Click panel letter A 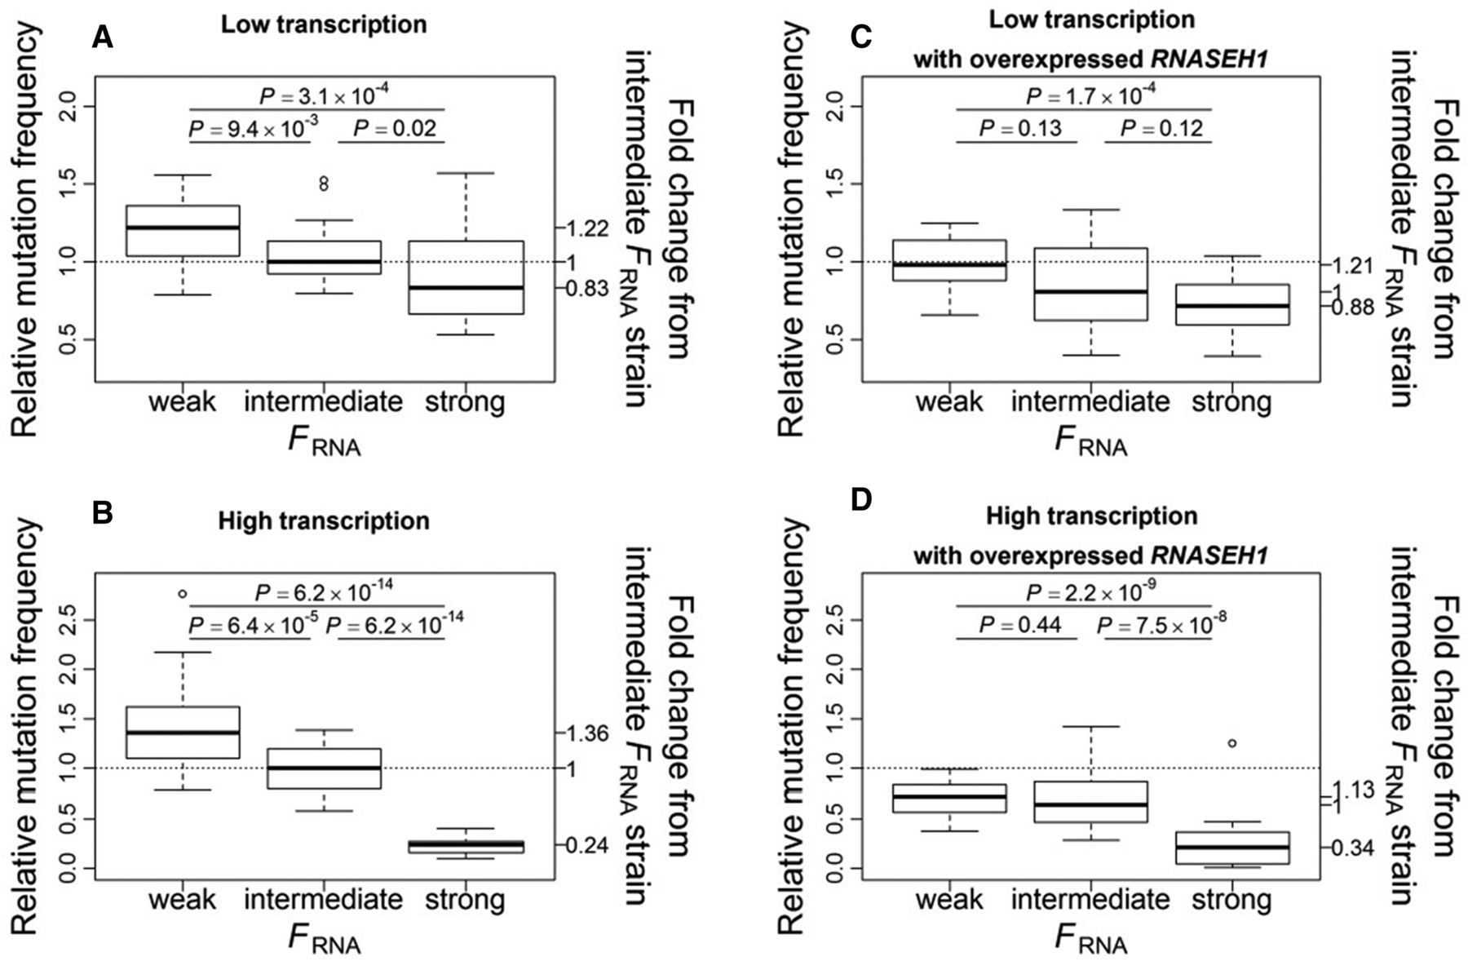[103, 38]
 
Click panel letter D [862, 500]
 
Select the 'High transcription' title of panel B [324, 520]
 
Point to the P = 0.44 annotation [1019, 625]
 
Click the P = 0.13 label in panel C [1020, 128]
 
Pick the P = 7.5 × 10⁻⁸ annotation [1161, 625]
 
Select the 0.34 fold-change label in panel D [1352, 848]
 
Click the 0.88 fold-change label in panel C [1352, 308]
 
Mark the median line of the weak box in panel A [183, 228]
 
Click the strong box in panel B [466, 846]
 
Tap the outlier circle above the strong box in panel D [1231, 743]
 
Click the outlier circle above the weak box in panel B [183, 593]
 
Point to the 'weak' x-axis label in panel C [949, 402]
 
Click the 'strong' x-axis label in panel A [466, 402]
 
